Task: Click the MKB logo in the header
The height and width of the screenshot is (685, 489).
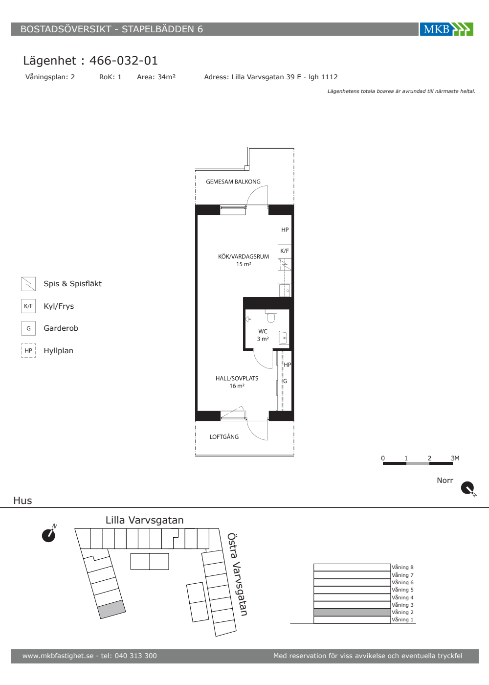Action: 446,29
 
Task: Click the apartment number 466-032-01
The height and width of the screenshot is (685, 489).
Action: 123,61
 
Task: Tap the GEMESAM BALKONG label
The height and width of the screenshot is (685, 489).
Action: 233,182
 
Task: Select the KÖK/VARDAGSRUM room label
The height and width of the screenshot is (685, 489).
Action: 244,256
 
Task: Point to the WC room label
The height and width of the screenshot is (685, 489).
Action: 263,331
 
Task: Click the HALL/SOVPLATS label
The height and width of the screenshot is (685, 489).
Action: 237,378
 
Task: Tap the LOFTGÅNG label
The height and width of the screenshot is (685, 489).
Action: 224,436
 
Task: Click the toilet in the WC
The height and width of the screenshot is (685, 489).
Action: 271,316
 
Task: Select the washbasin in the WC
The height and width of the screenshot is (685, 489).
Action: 284,338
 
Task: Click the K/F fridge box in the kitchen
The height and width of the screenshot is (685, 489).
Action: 285,251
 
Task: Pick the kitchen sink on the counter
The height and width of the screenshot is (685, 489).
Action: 285,290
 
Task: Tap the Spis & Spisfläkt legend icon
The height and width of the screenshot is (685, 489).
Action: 28,284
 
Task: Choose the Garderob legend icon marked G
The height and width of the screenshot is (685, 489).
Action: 28,328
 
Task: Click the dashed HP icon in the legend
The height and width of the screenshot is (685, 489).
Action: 28,350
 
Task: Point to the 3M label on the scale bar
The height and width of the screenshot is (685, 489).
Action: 455,458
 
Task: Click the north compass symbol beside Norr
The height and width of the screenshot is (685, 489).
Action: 468,488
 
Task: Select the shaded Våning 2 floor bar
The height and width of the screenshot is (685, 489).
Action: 352,612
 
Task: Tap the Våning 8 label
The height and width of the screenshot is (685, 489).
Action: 402,567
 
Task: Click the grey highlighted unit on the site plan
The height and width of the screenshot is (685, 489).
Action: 111,609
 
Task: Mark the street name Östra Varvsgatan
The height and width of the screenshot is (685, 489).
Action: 237,574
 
